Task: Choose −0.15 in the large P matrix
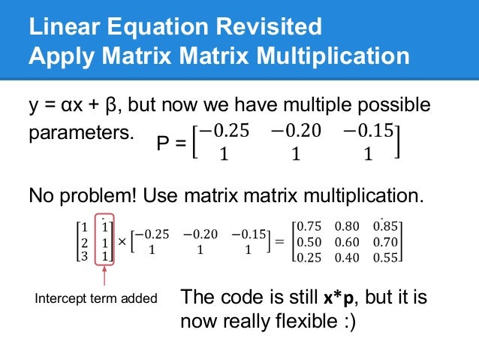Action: [368, 131]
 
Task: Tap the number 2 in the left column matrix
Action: [83, 242]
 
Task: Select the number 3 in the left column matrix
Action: [83, 256]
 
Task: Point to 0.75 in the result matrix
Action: [310, 227]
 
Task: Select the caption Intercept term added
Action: [97, 298]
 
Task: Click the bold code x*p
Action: [339, 298]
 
